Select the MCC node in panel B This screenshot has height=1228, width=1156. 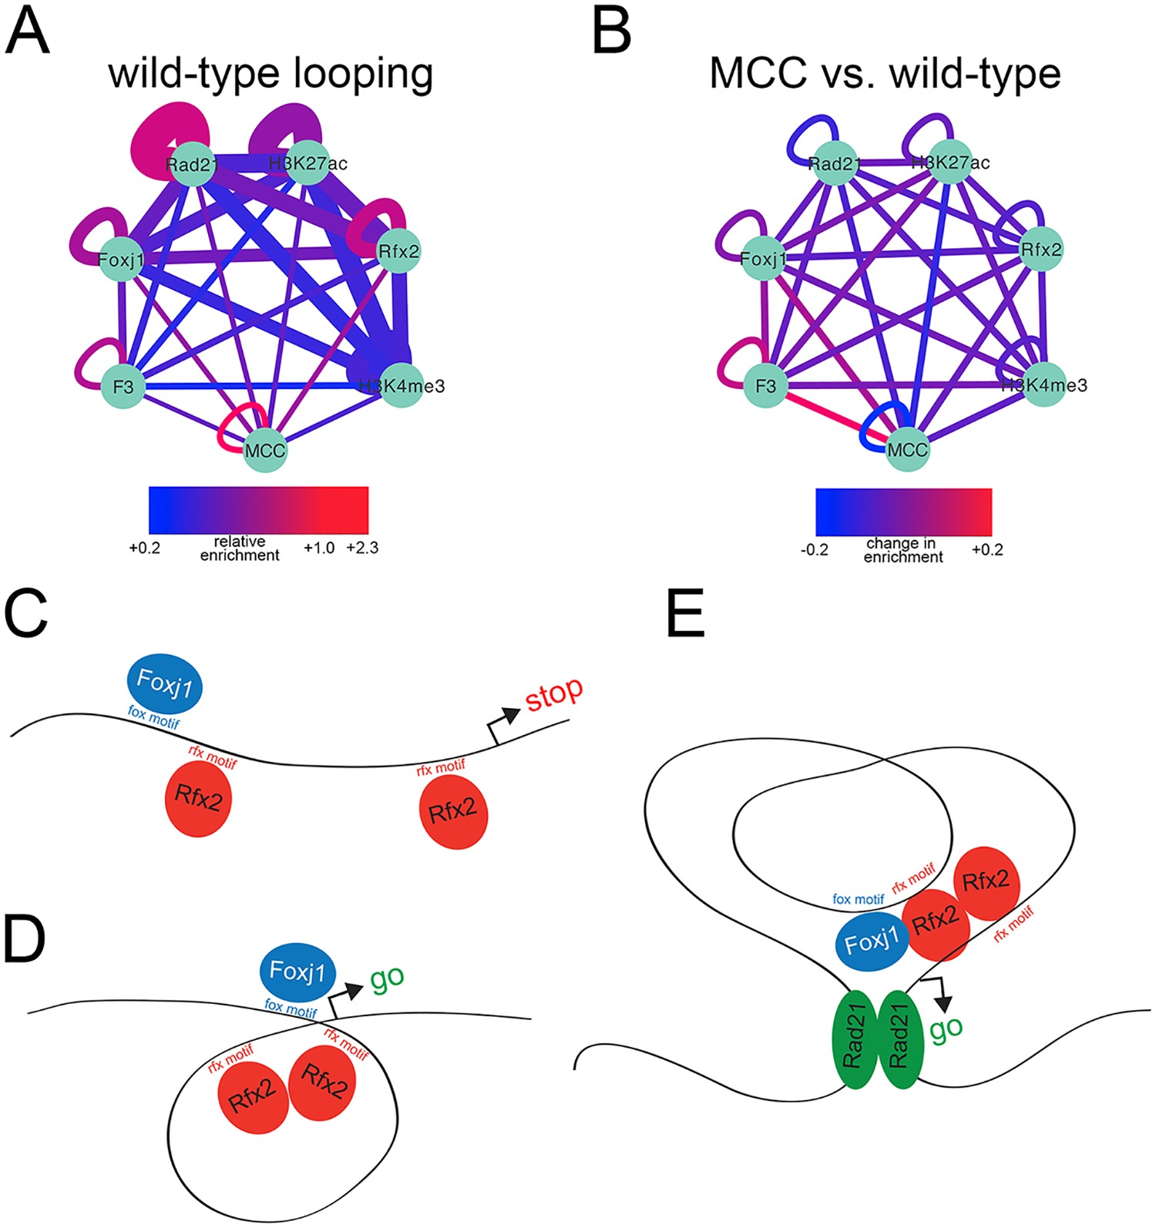coord(907,449)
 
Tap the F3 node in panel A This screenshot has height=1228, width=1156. coord(123,386)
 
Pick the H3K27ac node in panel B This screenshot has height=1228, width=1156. coord(950,163)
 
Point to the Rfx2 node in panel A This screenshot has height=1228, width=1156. coord(398,251)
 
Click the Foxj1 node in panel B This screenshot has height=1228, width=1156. coord(763,259)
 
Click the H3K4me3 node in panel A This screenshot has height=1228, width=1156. coord(402,385)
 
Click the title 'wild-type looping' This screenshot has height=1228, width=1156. coord(271,73)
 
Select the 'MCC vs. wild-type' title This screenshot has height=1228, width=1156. coord(885,73)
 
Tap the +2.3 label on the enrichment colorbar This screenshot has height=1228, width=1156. coord(362,549)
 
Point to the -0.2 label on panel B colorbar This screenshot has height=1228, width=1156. coord(814,550)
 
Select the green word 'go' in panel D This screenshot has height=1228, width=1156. coord(387,977)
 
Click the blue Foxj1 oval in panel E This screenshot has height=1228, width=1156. coord(871,942)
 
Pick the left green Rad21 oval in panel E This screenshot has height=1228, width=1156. coord(855,1039)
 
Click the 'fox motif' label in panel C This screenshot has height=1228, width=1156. coord(154,720)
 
